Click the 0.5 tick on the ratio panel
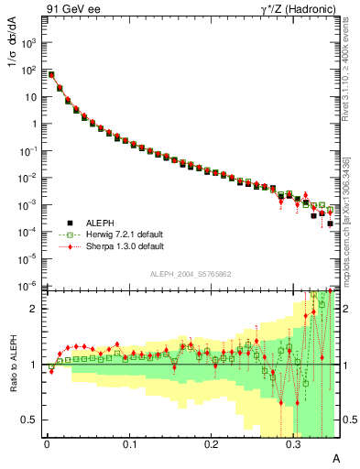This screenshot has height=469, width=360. pos(33,420)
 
